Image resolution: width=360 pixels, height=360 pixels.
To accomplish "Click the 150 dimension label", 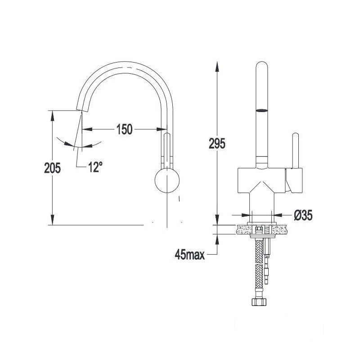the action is (x=125, y=129).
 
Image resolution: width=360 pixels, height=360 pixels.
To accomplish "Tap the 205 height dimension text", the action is (x=52, y=168).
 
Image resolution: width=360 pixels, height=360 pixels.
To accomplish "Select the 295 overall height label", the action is (x=217, y=144).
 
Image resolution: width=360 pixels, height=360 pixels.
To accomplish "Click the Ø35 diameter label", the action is (x=303, y=216).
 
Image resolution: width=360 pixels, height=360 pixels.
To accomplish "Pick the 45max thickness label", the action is (x=189, y=254).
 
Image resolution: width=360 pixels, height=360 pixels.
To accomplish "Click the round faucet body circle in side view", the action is (x=167, y=180).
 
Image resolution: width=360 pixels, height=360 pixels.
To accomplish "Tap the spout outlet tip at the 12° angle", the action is (x=81, y=109).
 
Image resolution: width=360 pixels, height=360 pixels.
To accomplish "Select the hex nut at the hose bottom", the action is (x=260, y=301).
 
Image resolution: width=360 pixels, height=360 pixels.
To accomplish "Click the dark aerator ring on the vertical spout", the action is (x=262, y=111).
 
